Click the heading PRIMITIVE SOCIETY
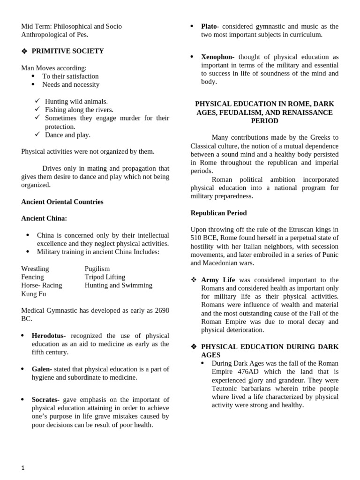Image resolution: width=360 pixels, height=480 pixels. tap(67, 51)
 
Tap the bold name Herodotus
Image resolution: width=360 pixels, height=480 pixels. tap(47, 336)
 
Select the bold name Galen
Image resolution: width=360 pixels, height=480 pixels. tap(42, 369)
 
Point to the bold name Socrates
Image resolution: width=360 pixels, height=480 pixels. tap(45, 399)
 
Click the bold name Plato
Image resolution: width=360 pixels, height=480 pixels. tap(210, 26)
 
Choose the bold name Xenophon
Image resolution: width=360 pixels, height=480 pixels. tap(217, 57)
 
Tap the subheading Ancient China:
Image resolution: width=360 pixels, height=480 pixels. tap(44, 218)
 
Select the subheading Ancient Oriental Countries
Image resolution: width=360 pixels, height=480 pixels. tap(62, 202)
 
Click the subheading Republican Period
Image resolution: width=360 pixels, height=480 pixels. tap(218, 213)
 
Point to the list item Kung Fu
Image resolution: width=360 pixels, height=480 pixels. tap(34, 294)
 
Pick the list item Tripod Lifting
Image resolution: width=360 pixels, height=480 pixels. tap(105, 277)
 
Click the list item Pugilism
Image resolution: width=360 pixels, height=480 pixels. tap(97, 269)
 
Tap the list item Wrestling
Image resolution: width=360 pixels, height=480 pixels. tap(35, 269)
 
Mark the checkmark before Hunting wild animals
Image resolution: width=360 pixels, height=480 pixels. tap(37, 101)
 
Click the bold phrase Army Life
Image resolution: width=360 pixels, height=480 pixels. tap(218, 280)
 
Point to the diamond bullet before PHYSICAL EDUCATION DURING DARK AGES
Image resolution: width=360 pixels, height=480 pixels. tap(194, 347)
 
